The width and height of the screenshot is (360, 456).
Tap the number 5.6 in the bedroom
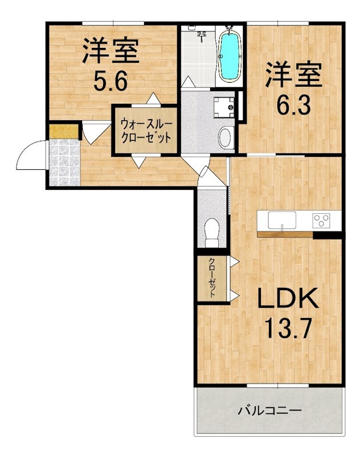click(x=110, y=82)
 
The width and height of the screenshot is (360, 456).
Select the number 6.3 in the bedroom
click(x=293, y=105)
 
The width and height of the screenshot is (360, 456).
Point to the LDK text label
click(x=287, y=298)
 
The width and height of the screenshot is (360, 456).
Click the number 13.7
click(x=288, y=328)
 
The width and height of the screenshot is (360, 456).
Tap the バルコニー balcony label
click(x=269, y=410)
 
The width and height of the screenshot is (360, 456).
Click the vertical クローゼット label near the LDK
click(x=212, y=277)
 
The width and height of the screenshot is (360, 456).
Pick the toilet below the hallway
click(x=211, y=232)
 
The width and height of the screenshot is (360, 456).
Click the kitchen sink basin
click(x=281, y=220)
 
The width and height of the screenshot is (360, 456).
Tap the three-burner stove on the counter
click(x=321, y=221)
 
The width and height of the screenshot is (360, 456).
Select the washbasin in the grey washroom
click(x=226, y=137)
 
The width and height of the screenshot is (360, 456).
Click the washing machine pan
click(x=224, y=107)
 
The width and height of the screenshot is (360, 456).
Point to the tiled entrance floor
click(x=64, y=162)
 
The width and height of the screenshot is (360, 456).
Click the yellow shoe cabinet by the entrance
click(x=64, y=132)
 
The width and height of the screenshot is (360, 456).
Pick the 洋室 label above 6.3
click(x=293, y=74)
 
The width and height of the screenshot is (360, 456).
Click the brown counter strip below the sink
click(x=285, y=234)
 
